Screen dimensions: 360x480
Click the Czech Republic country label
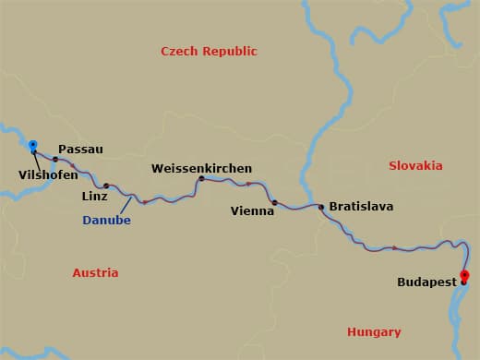209,52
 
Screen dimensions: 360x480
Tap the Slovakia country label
415,165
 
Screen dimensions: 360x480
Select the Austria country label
95,272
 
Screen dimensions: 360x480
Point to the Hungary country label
374,331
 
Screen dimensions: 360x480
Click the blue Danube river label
106,221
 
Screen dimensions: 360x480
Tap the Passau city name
80,149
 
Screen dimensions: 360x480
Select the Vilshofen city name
48,174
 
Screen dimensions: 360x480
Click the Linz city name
95,197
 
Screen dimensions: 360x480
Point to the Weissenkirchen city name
202,169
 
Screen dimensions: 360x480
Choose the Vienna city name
252,211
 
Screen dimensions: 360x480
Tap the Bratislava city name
361,207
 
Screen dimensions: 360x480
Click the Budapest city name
426,282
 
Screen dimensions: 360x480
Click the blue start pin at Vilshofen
33,145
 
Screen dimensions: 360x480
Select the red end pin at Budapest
464,275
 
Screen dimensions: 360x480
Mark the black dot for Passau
55,160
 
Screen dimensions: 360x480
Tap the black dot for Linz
105,186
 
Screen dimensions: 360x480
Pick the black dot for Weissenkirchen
200,179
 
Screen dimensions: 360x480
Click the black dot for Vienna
274,202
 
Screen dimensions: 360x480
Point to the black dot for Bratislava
321,207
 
